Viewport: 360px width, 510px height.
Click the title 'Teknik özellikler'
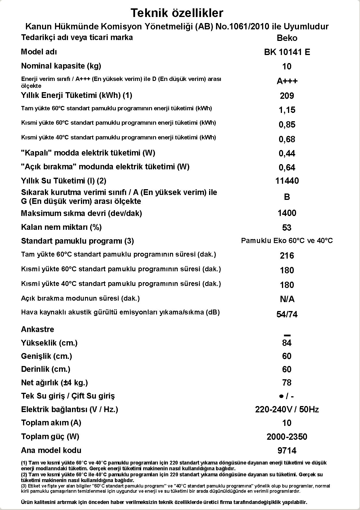coord(177,13)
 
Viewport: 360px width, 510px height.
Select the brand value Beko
coord(287,38)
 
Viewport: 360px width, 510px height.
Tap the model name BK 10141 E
coord(287,52)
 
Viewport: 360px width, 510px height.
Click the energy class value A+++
coord(287,81)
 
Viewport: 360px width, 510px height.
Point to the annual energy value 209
coord(287,96)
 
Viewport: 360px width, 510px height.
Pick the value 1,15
coord(287,110)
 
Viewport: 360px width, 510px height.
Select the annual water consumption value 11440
coord(287,181)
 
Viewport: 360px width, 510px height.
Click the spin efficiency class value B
coord(287,197)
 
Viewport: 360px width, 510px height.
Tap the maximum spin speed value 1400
coord(287,213)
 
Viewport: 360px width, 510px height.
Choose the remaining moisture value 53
coord(287,228)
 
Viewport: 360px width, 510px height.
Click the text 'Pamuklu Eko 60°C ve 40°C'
coord(287,241)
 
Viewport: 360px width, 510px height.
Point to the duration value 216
coord(287,256)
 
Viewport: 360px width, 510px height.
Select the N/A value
coord(287,299)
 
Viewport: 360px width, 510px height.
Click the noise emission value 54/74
coord(287,314)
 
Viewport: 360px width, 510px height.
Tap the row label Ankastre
coord(37,329)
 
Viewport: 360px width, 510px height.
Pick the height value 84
coord(287,343)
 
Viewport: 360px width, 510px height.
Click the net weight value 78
coord(287,383)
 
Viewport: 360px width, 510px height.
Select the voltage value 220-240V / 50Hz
coord(287,409)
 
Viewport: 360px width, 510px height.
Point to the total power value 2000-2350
coord(287,437)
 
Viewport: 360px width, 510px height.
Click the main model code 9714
coord(287,451)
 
